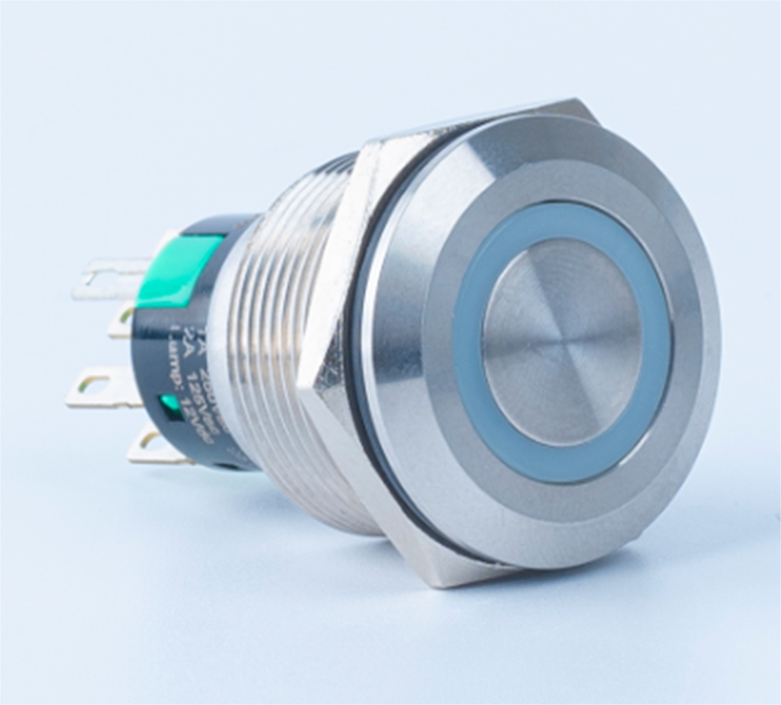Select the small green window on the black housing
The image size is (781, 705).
click(168, 403)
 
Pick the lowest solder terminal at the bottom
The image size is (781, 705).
click(156, 447)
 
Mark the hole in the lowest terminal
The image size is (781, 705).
click(144, 444)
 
